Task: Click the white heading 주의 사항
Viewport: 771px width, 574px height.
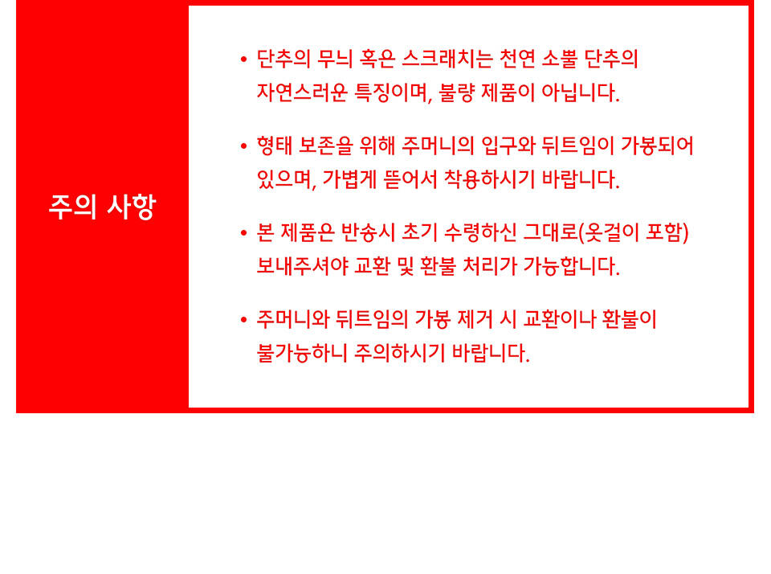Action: (x=102, y=207)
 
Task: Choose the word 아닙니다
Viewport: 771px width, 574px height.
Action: (x=580, y=92)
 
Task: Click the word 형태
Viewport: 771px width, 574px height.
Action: (x=275, y=146)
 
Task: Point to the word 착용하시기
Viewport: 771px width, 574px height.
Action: (x=489, y=178)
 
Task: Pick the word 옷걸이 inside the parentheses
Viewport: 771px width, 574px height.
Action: (x=610, y=232)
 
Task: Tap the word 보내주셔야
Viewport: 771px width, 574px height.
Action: (x=302, y=266)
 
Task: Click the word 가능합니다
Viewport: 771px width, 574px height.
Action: (x=571, y=266)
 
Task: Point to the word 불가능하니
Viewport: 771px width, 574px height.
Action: (x=302, y=352)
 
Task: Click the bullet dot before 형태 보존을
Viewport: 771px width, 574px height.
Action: (x=243, y=146)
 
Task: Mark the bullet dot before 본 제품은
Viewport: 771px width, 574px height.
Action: (x=243, y=233)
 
